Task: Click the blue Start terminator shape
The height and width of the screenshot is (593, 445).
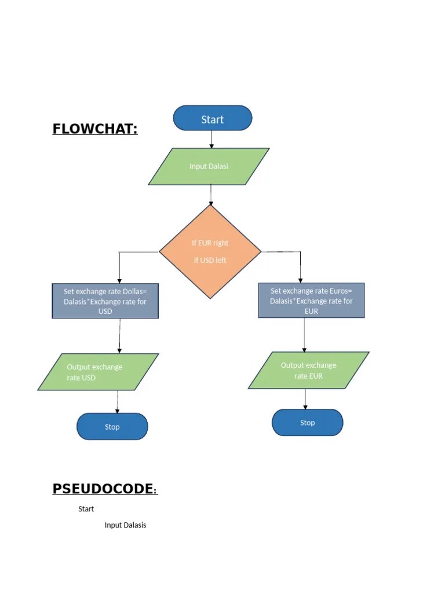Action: pos(212,119)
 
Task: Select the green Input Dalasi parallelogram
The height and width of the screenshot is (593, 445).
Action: pos(209,166)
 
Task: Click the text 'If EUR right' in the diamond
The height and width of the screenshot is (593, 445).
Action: pos(210,243)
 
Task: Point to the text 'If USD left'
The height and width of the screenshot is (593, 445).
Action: pos(210,260)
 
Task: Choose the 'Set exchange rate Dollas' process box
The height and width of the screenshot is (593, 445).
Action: pos(105,301)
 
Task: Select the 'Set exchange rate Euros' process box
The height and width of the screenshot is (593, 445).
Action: pos(311,301)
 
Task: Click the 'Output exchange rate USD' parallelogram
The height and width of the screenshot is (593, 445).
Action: pos(98,372)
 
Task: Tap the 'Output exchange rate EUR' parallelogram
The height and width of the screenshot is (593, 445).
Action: pos(308,370)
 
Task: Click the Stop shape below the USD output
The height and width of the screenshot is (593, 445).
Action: pos(112,427)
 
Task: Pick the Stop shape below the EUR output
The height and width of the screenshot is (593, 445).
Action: pos(307,423)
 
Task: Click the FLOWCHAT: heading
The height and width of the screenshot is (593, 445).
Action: pos(95,129)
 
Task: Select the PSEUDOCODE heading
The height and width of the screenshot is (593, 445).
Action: pos(104,489)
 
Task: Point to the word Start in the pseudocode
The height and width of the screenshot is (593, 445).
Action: pos(86,509)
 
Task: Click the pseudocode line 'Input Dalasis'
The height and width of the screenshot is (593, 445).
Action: pos(125,525)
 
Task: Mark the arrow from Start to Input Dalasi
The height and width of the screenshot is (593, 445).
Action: pos(211,139)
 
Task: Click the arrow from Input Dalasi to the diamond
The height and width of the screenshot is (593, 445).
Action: pos(211,195)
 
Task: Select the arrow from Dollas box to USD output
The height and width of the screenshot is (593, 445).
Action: pos(119,336)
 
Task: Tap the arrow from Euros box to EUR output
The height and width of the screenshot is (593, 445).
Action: pos(304,335)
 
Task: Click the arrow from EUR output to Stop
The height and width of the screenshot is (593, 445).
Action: pos(305,399)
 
